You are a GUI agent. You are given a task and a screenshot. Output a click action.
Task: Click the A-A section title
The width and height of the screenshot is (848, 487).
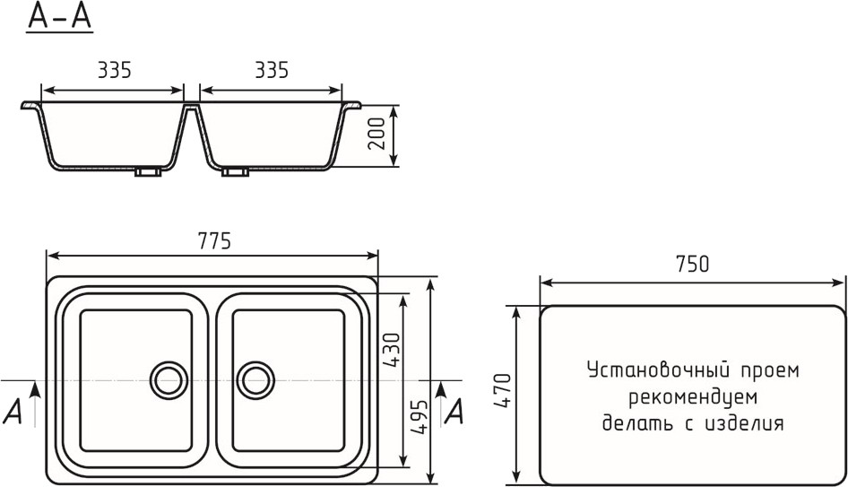coord(60,16)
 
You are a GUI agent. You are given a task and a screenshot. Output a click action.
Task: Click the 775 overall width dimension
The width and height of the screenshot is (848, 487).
coord(214,241)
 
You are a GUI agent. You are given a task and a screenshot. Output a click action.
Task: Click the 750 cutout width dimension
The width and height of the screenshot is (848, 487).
coord(692,265)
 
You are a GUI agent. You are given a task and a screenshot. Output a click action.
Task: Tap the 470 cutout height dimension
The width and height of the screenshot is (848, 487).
coord(503,392)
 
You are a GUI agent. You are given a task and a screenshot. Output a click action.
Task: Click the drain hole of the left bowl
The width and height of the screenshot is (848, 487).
coord(168,380)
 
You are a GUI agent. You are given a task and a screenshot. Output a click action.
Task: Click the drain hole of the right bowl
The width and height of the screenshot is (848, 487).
coord(255,380)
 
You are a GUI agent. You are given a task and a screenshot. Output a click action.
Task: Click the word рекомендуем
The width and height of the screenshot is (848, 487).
coord(692,396)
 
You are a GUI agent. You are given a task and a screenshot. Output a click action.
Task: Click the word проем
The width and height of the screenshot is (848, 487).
coord(766,370)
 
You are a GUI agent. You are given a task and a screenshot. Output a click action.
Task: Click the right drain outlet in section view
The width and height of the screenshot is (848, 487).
coord(235,172)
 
